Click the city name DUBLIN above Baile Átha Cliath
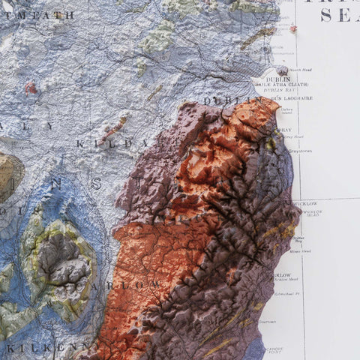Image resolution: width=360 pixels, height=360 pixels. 278,79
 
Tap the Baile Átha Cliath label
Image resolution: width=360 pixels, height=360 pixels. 280,85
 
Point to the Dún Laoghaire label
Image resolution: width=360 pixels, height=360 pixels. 292,98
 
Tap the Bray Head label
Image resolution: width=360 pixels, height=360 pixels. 293,136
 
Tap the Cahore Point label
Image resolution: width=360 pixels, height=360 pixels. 273,349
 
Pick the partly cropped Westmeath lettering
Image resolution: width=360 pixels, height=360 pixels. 37,14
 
